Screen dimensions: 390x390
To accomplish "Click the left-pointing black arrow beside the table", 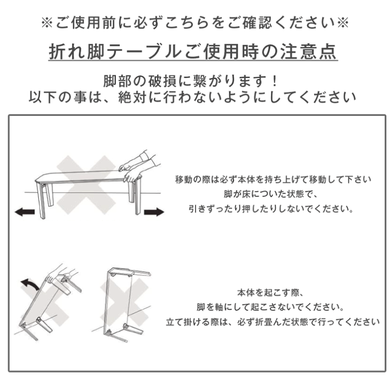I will (25, 212).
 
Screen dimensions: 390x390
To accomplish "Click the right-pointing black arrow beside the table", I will (154, 211).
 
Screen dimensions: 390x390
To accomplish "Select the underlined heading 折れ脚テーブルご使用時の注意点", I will (193, 52).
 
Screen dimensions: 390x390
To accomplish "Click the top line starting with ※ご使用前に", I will (195, 23).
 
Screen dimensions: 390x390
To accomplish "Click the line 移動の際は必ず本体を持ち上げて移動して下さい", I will (273, 179).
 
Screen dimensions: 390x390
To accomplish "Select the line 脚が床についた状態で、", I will (273, 193).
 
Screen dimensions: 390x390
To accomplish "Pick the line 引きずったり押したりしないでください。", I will (273, 208).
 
